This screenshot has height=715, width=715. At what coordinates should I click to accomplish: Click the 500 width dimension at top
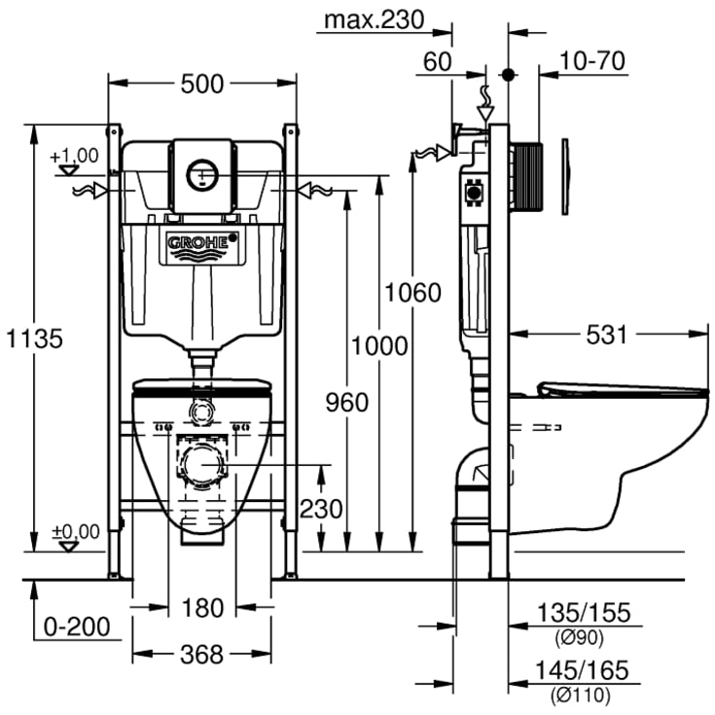(x=203, y=84)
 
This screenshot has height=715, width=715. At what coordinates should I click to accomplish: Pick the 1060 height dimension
(x=412, y=291)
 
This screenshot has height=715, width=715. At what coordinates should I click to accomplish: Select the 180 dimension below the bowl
(x=202, y=608)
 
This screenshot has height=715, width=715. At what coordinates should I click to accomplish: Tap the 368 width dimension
(x=202, y=653)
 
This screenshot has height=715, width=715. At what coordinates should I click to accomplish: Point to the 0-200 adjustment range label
(x=77, y=627)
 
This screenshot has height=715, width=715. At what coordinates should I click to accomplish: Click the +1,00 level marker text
(x=75, y=155)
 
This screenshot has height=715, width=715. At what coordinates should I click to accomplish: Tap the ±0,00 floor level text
(x=75, y=531)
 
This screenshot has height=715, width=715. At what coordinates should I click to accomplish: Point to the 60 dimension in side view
(x=438, y=62)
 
